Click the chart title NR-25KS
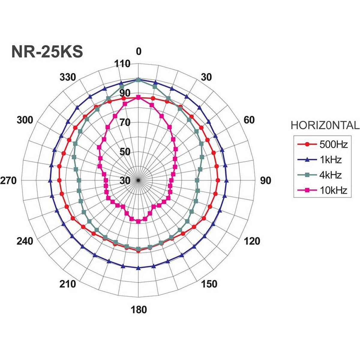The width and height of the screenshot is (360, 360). pos(47,52)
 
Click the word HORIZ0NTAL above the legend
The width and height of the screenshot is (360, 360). pos(325,125)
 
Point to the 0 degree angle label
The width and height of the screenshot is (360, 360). pos(138,52)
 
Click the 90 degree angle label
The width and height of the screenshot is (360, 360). pos(265,181)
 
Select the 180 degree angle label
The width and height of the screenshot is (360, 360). pos(139,309)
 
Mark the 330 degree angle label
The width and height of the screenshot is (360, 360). pos(68,77)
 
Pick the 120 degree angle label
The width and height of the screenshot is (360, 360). pos(252,241)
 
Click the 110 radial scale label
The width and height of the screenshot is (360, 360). pos(122,64)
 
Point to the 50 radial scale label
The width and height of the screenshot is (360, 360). pos(125,152)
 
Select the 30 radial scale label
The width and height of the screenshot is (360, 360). pos(125,181)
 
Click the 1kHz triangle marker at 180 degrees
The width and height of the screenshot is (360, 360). pos(138,268)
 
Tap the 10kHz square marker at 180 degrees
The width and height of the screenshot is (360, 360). pos(138,222)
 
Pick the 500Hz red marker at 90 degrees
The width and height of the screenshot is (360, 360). pos(217,180)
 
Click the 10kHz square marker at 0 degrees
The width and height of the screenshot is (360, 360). pos(138,97)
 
